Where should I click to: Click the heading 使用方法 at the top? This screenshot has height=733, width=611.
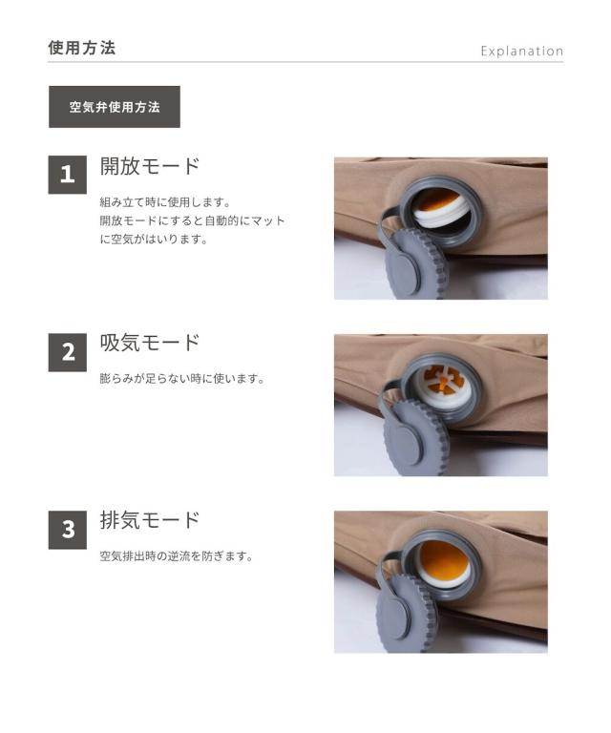tap(81, 48)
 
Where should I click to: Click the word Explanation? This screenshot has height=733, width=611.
tap(521, 51)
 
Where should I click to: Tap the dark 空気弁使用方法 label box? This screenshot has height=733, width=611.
tap(115, 107)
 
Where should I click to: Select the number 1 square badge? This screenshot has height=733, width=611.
tap(68, 174)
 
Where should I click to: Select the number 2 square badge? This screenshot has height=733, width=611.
tap(68, 351)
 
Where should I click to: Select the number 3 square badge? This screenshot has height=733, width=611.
tap(68, 530)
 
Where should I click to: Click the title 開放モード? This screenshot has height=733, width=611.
tap(150, 166)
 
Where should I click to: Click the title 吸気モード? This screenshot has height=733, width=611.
tap(150, 343)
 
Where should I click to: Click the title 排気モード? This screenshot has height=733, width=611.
tap(150, 520)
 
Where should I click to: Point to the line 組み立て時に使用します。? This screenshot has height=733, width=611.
tap(165, 202)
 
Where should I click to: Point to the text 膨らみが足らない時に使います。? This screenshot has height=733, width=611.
tap(181, 379)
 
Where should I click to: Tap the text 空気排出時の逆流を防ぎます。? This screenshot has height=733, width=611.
tap(176, 556)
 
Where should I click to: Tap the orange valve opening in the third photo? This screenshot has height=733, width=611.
tap(444, 560)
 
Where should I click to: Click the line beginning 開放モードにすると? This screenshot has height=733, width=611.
tap(192, 220)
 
